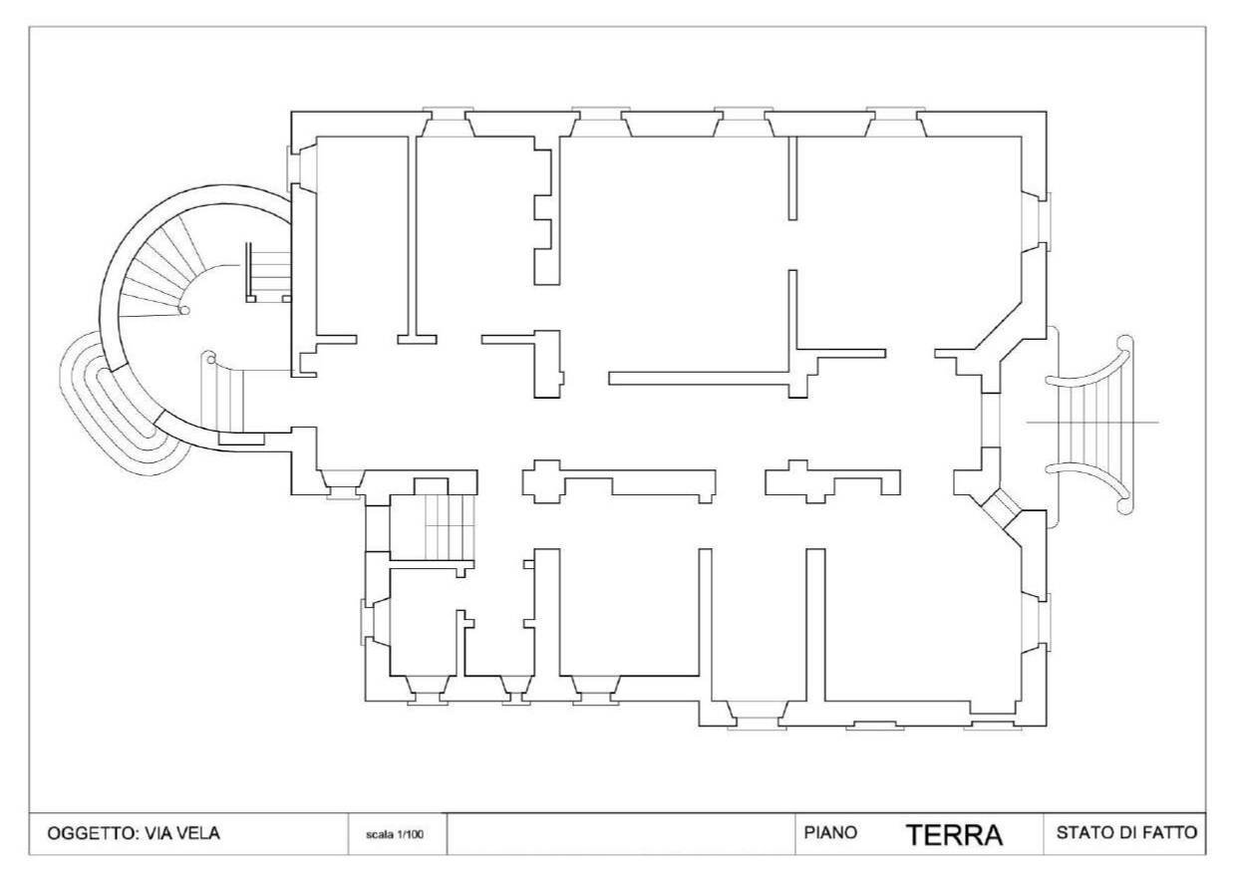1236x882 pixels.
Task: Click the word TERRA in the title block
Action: coord(953,835)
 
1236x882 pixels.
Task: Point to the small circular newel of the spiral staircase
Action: coord(184,311)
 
